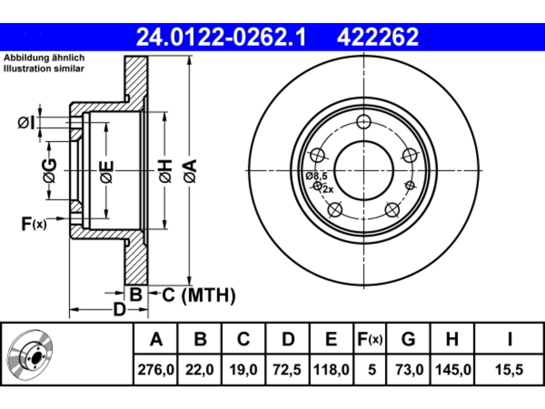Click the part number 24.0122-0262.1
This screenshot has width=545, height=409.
[x=221, y=37]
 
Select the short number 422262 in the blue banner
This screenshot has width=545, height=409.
[x=377, y=37]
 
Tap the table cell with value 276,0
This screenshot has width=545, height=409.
[x=156, y=370]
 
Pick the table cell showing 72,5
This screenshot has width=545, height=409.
[x=287, y=370]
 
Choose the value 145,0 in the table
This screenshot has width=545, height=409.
[x=453, y=370]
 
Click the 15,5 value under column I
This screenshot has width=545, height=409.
[x=509, y=370]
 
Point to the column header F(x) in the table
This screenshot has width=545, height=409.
[x=370, y=339]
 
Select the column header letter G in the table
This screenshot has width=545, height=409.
[x=408, y=339]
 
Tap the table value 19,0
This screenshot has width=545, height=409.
[x=243, y=370]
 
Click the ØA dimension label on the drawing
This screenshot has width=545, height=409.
[x=190, y=171]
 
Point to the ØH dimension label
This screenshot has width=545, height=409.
[x=166, y=171]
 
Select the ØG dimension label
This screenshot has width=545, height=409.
[x=50, y=170]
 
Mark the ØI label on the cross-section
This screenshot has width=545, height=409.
[x=26, y=123]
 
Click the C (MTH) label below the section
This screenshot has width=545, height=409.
[x=199, y=295]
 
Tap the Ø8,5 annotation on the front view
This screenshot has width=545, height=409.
[x=317, y=176]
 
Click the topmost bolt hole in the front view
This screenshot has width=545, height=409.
[x=364, y=122]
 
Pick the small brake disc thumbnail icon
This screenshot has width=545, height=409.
[x=30, y=355]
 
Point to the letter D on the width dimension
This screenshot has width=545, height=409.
[x=119, y=310]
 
